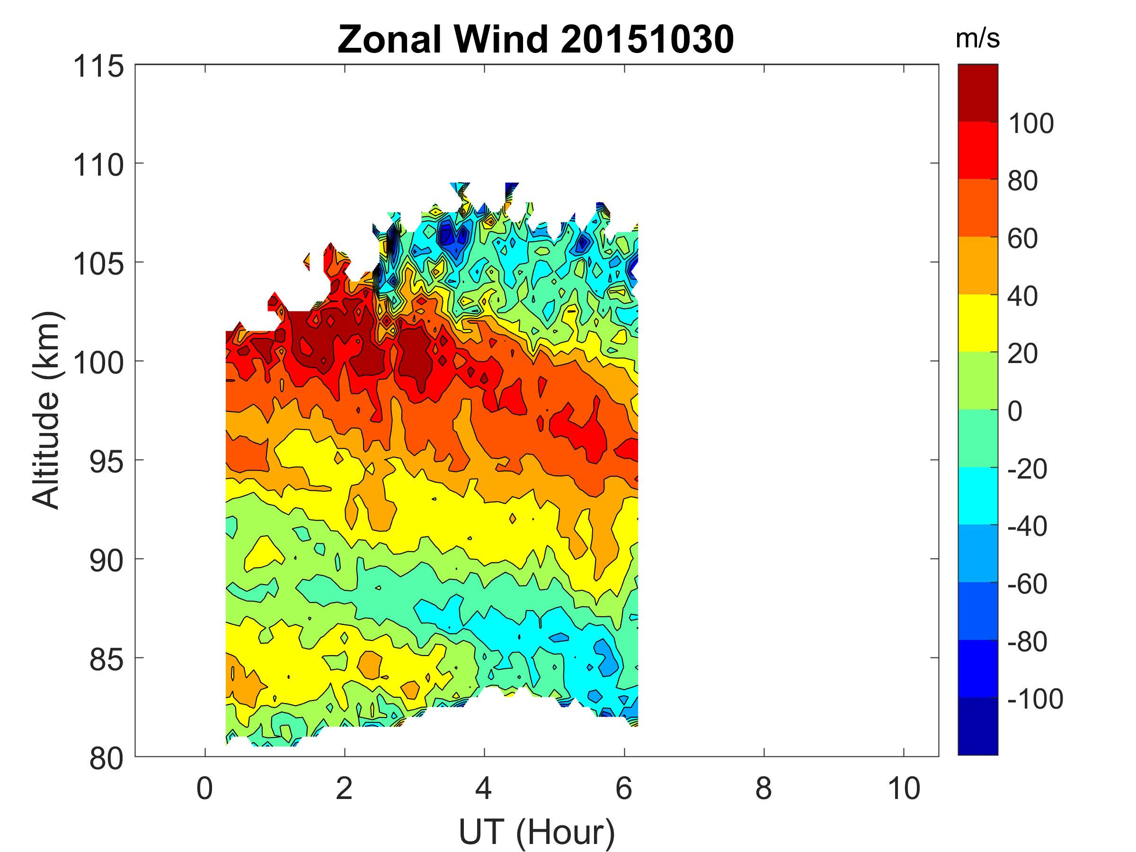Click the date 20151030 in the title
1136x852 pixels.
click(x=647, y=40)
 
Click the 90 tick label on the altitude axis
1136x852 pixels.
click(x=106, y=561)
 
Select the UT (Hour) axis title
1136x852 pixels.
click(x=536, y=832)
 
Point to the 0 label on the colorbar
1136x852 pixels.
click(x=1015, y=411)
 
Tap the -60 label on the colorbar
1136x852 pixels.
click(x=1028, y=584)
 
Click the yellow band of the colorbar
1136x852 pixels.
click(x=977, y=322)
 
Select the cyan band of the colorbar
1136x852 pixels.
click(x=977, y=496)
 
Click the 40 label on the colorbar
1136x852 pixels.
click(x=1022, y=296)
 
